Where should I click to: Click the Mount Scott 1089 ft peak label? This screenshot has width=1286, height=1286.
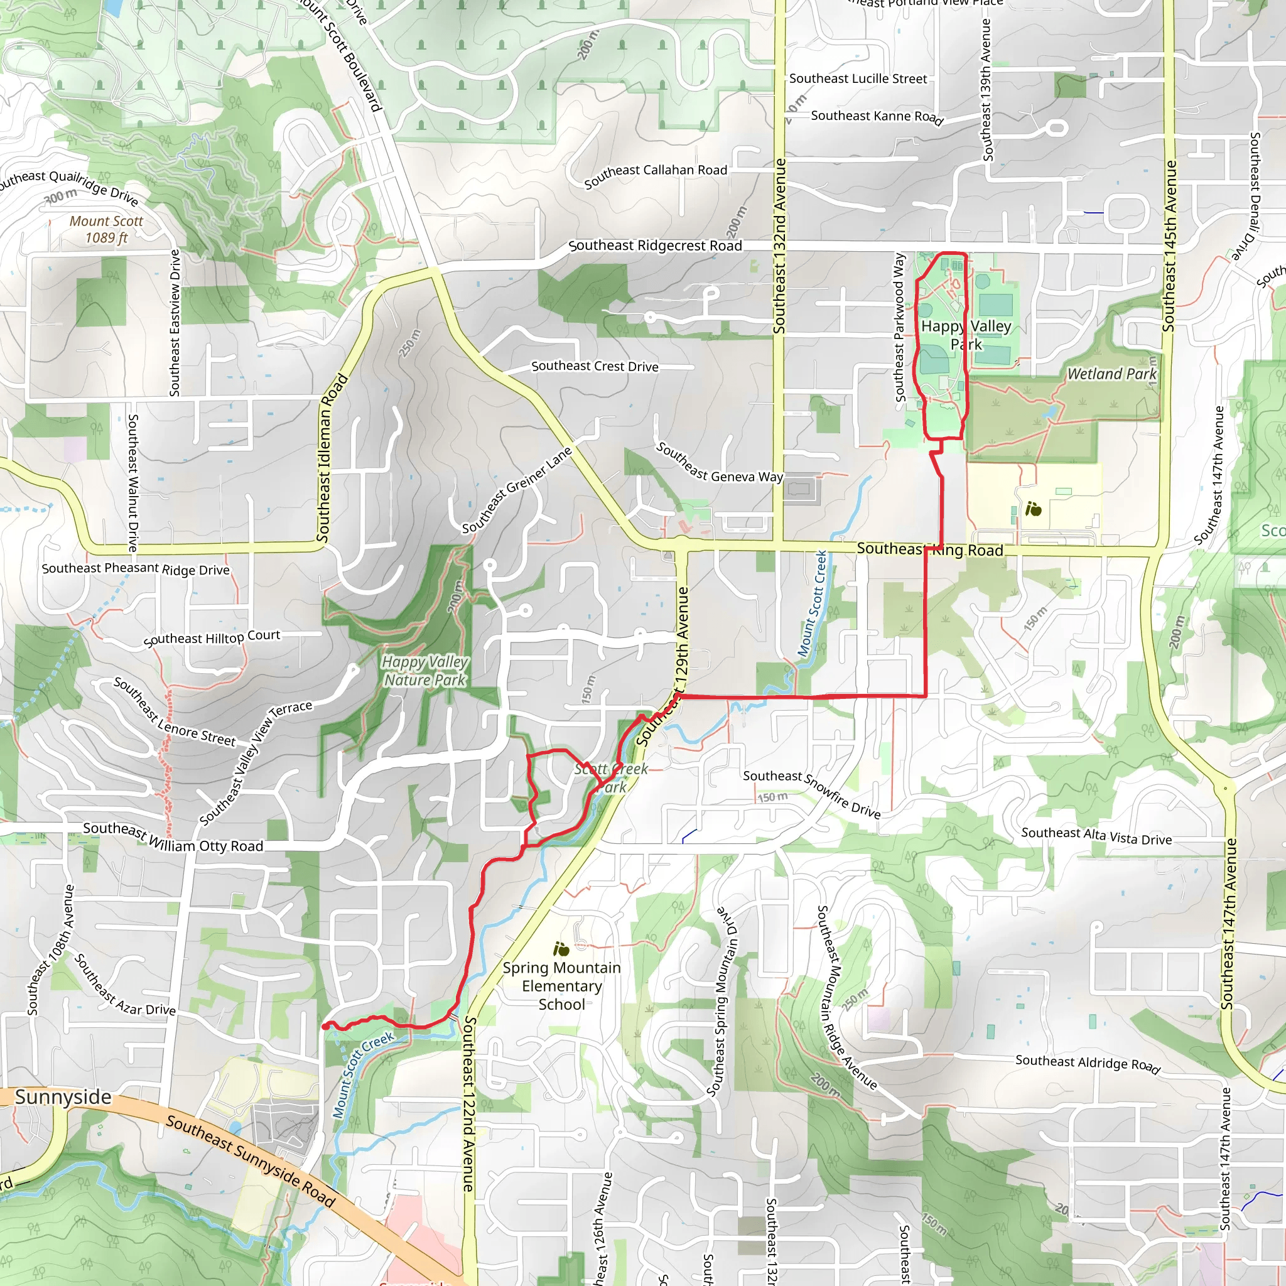(107, 229)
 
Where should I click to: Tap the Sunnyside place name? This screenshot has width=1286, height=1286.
(63, 1096)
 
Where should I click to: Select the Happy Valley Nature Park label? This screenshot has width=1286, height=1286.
(424, 671)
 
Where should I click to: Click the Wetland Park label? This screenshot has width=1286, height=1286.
(1111, 374)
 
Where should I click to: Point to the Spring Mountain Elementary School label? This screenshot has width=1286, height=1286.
(562, 986)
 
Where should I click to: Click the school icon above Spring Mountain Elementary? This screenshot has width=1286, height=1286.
(561, 949)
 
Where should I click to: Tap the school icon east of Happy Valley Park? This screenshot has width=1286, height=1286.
(1033, 510)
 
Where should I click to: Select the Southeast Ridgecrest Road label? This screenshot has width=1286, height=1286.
(655, 246)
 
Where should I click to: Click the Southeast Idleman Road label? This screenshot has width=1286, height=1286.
(332, 458)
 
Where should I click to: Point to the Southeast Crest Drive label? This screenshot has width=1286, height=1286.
(595, 366)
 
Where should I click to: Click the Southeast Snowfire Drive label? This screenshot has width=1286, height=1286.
(811, 794)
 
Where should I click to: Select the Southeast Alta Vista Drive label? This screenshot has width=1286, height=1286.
(1096, 836)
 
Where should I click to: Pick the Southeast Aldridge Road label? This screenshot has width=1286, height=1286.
(1088, 1063)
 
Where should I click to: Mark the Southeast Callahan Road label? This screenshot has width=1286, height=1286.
(655, 175)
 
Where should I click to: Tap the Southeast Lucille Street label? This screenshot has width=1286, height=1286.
(858, 78)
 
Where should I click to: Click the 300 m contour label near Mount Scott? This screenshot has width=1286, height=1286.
(60, 196)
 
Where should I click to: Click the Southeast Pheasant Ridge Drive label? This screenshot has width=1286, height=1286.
(136, 568)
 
